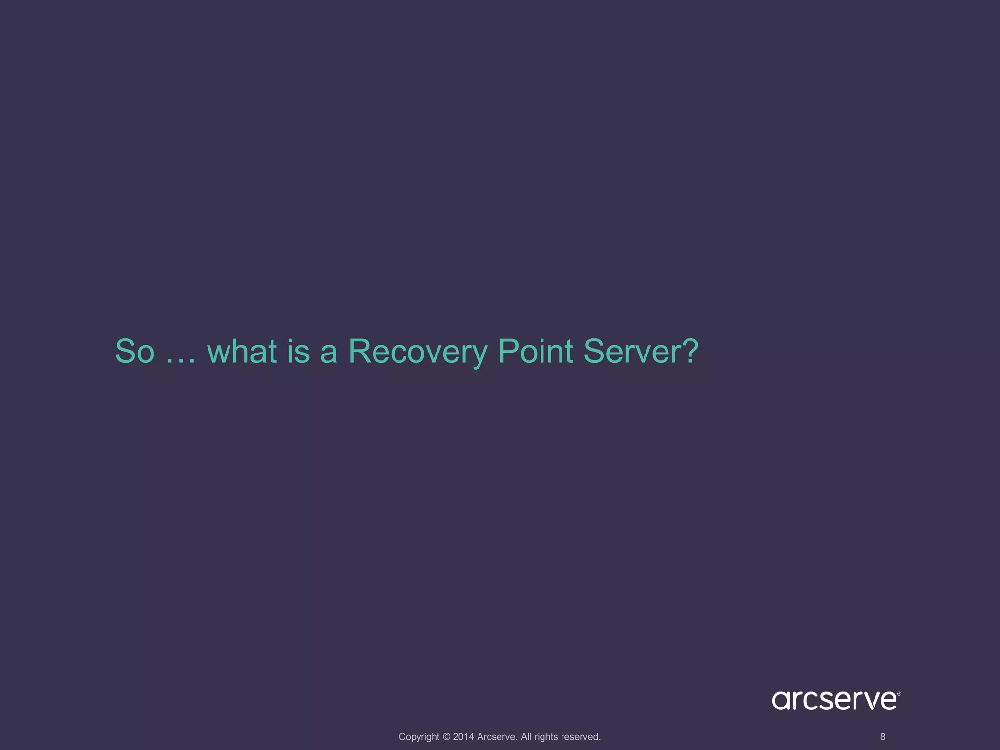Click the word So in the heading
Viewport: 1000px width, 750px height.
click(135, 351)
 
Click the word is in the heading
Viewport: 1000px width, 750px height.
click(298, 351)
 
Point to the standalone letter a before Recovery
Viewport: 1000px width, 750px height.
click(329, 354)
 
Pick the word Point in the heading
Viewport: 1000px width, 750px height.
click(535, 351)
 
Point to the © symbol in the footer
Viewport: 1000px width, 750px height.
click(446, 737)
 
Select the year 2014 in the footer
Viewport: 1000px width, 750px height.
click(463, 737)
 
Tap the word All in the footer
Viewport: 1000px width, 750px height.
click(526, 737)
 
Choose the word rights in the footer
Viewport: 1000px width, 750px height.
click(546, 737)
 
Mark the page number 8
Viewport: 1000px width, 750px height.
click(882, 737)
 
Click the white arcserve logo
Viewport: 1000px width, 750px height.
click(834, 700)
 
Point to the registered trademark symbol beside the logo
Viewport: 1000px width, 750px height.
click(899, 693)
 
